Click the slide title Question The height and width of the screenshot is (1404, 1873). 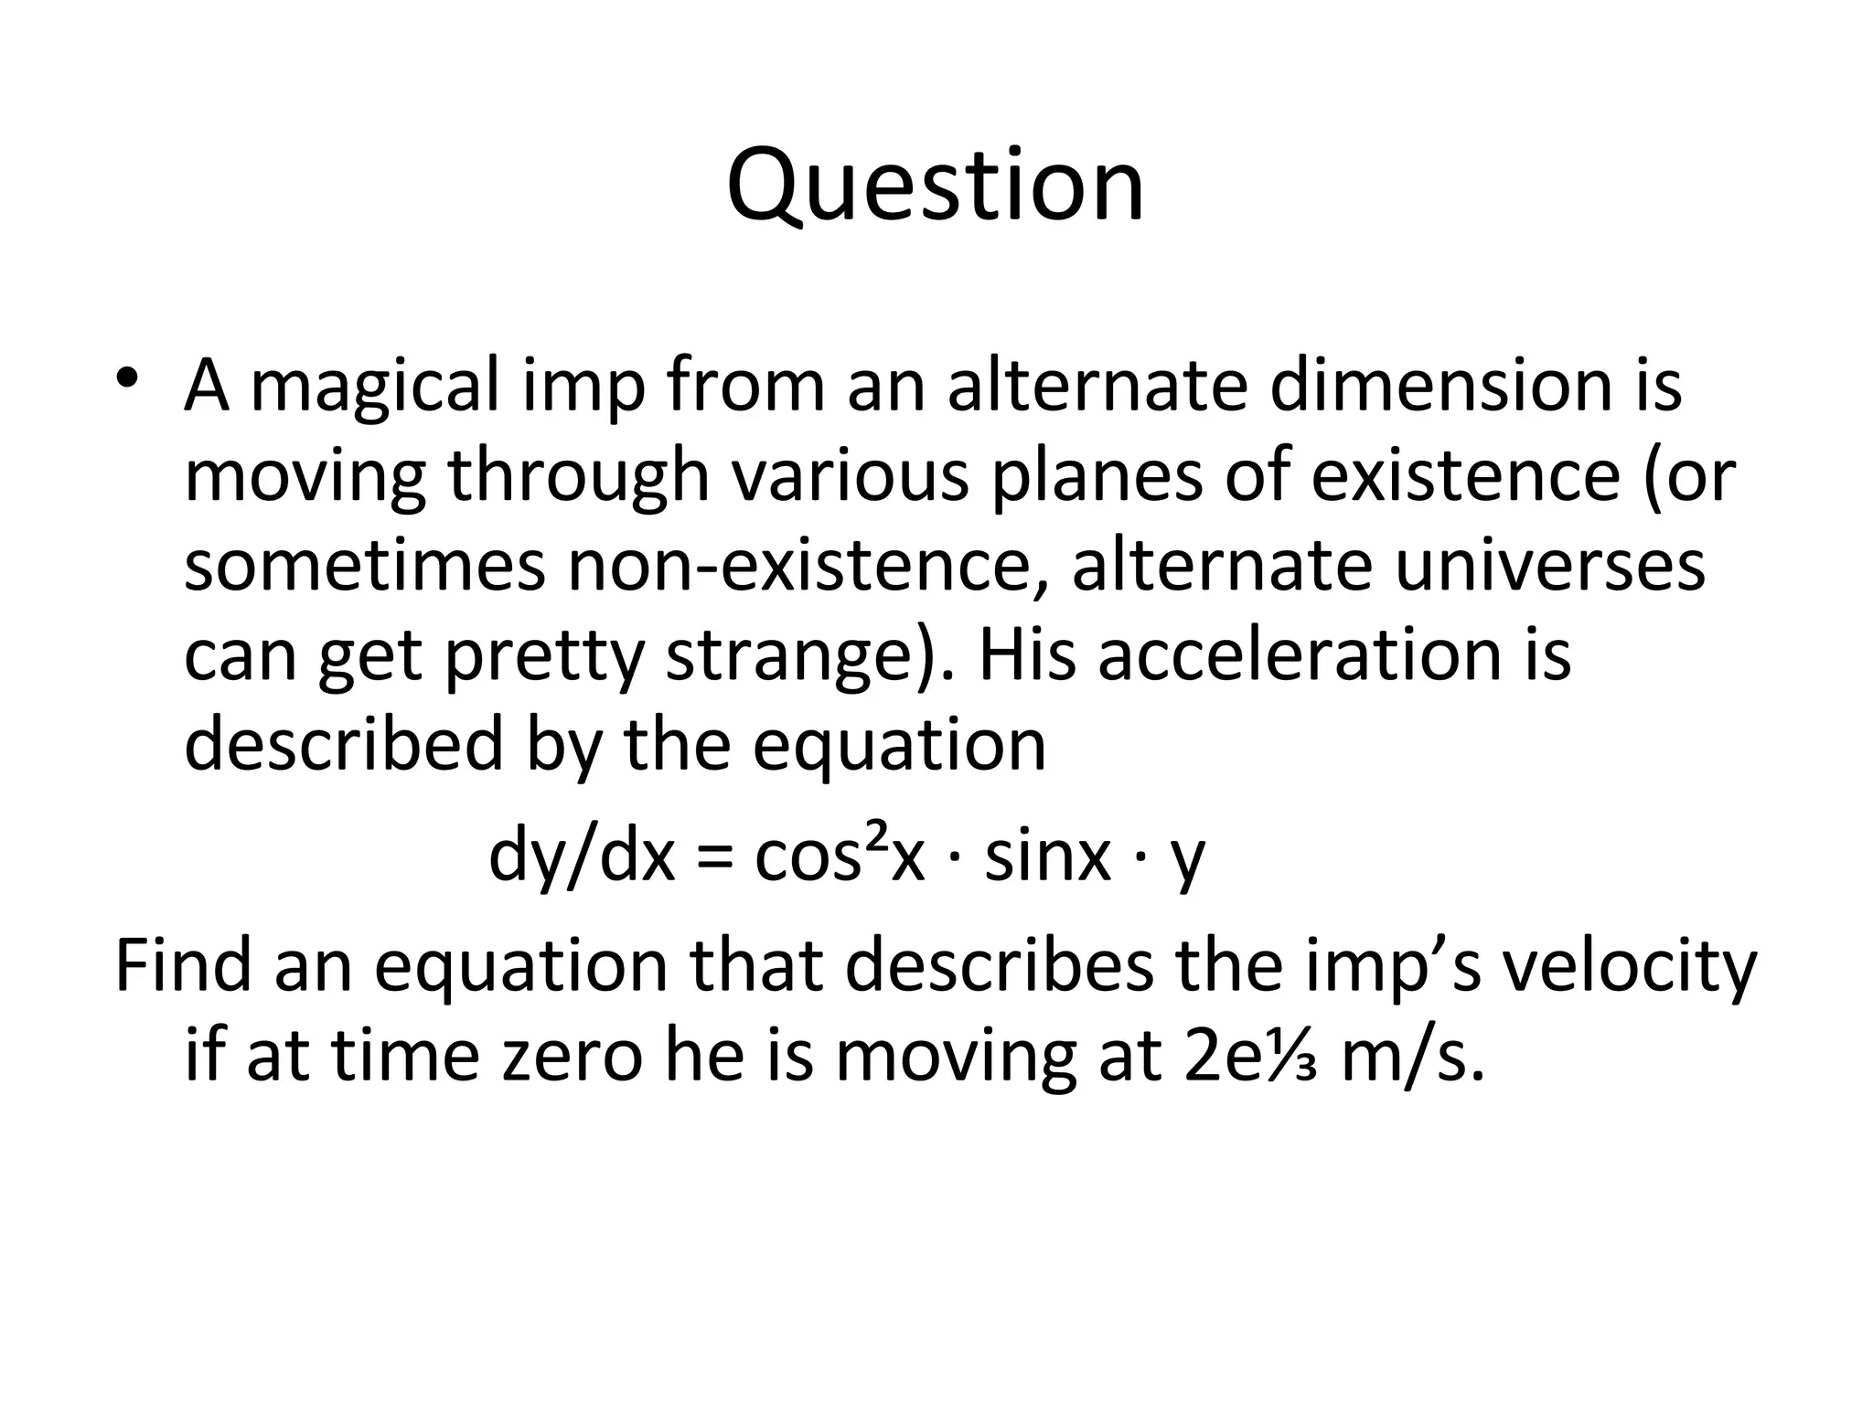coord(935,187)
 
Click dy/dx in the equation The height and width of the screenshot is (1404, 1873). coord(582,856)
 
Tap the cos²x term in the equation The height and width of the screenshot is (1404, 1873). coord(840,856)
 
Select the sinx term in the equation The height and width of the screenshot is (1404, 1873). coord(1046,856)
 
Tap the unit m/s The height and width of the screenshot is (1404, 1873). coord(1410,1056)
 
